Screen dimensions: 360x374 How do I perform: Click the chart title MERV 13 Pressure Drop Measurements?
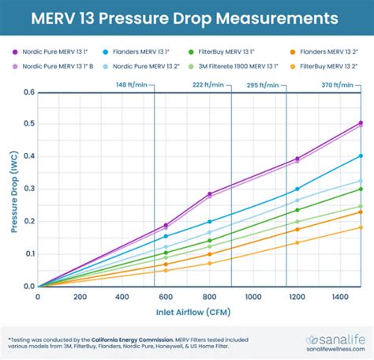(187, 17)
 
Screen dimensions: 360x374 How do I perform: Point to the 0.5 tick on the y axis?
(29, 125)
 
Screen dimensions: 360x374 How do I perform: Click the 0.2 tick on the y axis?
(29, 222)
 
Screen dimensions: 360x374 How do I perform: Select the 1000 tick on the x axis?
(252, 298)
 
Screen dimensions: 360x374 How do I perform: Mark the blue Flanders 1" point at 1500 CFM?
(361, 156)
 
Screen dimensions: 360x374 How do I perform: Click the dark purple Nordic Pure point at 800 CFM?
(210, 193)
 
